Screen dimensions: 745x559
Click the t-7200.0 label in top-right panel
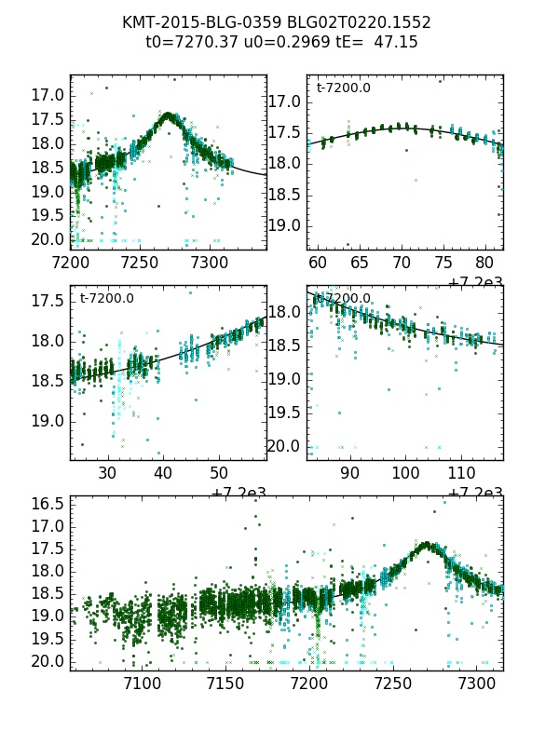(x=343, y=88)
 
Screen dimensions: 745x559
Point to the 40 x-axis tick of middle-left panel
(x=163, y=474)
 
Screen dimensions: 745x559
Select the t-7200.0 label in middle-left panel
(x=106, y=298)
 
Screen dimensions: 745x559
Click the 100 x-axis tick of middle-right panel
(x=405, y=474)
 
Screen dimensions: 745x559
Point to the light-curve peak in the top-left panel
(x=168, y=115)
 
